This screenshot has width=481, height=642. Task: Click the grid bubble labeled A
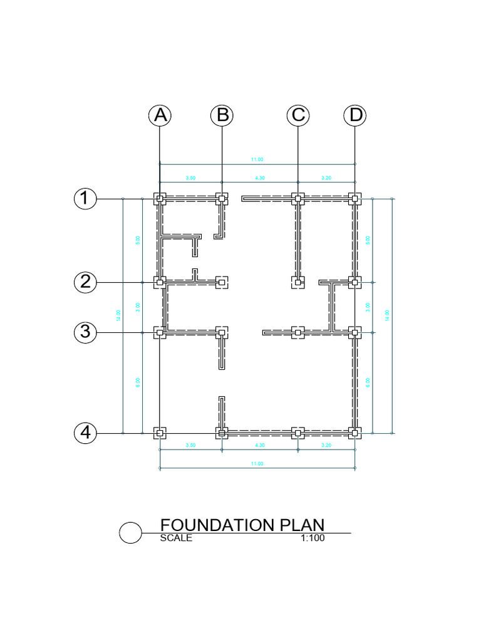pyautogui.click(x=160, y=115)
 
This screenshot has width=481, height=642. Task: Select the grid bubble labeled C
pyautogui.click(x=298, y=115)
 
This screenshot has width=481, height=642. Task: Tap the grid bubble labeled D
pyautogui.click(x=355, y=115)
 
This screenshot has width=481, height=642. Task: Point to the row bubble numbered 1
pyautogui.click(x=85, y=199)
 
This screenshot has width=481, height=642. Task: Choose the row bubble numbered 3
pyautogui.click(x=85, y=332)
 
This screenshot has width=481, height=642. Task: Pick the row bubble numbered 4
pyautogui.click(x=85, y=433)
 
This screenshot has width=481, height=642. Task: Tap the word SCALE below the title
pyautogui.click(x=176, y=538)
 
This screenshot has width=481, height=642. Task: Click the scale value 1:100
pyautogui.click(x=313, y=538)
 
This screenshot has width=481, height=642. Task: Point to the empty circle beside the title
pyautogui.click(x=130, y=533)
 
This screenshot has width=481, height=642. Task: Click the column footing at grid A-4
pyautogui.click(x=160, y=433)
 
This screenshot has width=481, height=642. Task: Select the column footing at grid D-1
pyautogui.click(x=355, y=199)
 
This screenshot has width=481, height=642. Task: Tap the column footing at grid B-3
pyautogui.click(x=221, y=332)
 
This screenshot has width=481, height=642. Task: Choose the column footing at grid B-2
pyautogui.click(x=221, y=282)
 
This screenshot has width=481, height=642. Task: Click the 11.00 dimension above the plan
pyautogui.click(x=257, y=160)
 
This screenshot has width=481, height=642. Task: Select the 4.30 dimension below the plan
pyautogui.click(x=259, y=445)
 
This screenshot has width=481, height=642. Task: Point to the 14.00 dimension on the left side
pyautogui.click(x=118, y=315)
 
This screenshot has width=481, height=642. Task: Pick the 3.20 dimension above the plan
pyautogui.click(x=326, y=179)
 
